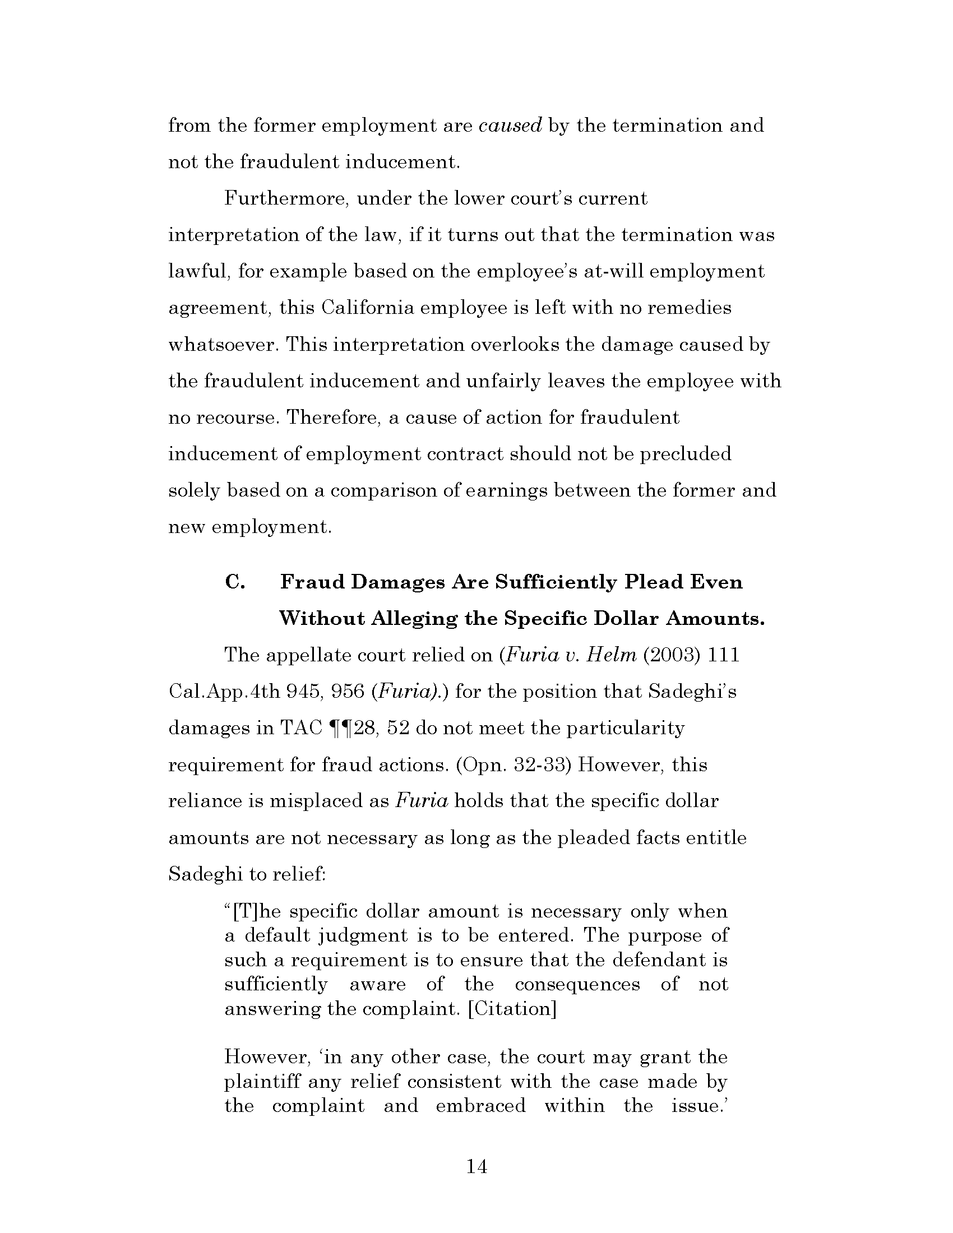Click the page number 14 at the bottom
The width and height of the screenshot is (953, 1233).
477,1166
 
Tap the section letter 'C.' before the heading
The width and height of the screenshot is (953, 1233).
235,582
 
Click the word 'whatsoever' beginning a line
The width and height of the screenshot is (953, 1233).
224,345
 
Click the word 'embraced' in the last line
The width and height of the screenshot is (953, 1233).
480,1105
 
